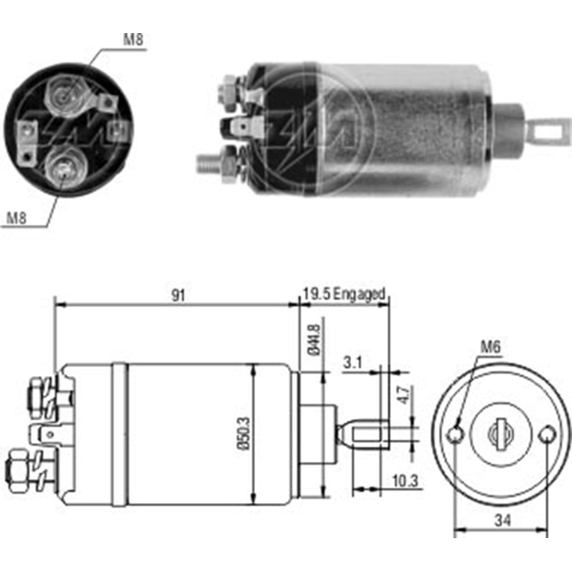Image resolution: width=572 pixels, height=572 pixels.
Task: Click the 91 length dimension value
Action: pyautogui.click(x=178, y=296)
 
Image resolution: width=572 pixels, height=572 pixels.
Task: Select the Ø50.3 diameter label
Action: pyautogui.click(x=244, y=434)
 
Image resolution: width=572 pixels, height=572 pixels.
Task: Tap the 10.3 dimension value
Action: pyautogui.click(x=406, y=481)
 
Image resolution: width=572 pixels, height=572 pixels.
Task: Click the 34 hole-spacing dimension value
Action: pyautogui.click(x=503, y=520)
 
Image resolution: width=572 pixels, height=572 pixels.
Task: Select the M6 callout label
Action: pyautogui.click(x=491, y=347)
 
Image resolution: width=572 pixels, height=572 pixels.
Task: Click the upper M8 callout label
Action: pyautogui.click(x=133, y=40)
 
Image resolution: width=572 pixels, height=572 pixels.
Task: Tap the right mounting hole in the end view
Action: pyautogui.click(x=547, y=434)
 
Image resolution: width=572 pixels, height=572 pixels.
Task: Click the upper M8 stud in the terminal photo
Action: pyautogui.click(x=65, y=97)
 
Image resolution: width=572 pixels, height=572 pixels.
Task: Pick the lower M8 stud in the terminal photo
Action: pyautogui.click(x=63, y=168)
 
